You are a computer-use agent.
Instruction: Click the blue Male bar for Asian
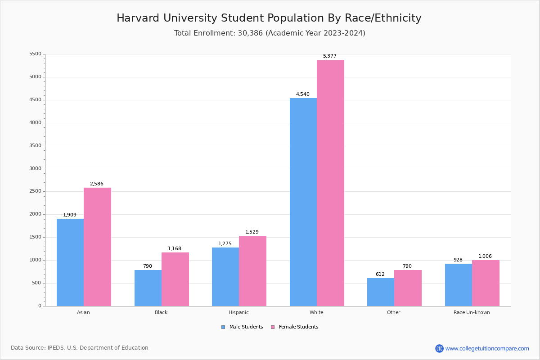[x=70, y=262]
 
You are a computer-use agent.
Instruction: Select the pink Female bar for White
[x=330, y=183]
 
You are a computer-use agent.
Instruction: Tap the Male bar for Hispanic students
[x=225, y=277]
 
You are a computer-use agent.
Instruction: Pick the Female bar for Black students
[x=175, y=279]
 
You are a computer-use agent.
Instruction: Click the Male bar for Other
[x=381, y=292]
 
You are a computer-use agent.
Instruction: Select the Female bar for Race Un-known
[x=486, y=283]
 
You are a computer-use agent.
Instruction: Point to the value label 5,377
[x=329, y=56]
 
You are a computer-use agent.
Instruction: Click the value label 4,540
[x=302, y=94]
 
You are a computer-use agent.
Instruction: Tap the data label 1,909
[x=70, y=215]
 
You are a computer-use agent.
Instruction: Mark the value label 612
[x=380, y=274]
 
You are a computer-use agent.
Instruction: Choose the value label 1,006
[x=485, y=256]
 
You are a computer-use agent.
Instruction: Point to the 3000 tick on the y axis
[x=35, y=169]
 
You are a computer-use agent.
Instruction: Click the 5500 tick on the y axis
[x=35, y=54]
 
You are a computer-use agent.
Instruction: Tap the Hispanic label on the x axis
[x=238, y=312]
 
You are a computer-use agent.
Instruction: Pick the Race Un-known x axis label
[x=472, y=312]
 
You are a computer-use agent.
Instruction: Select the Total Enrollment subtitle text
[x=270, y=33]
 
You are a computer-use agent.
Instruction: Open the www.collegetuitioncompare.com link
[x=487, y=348]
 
